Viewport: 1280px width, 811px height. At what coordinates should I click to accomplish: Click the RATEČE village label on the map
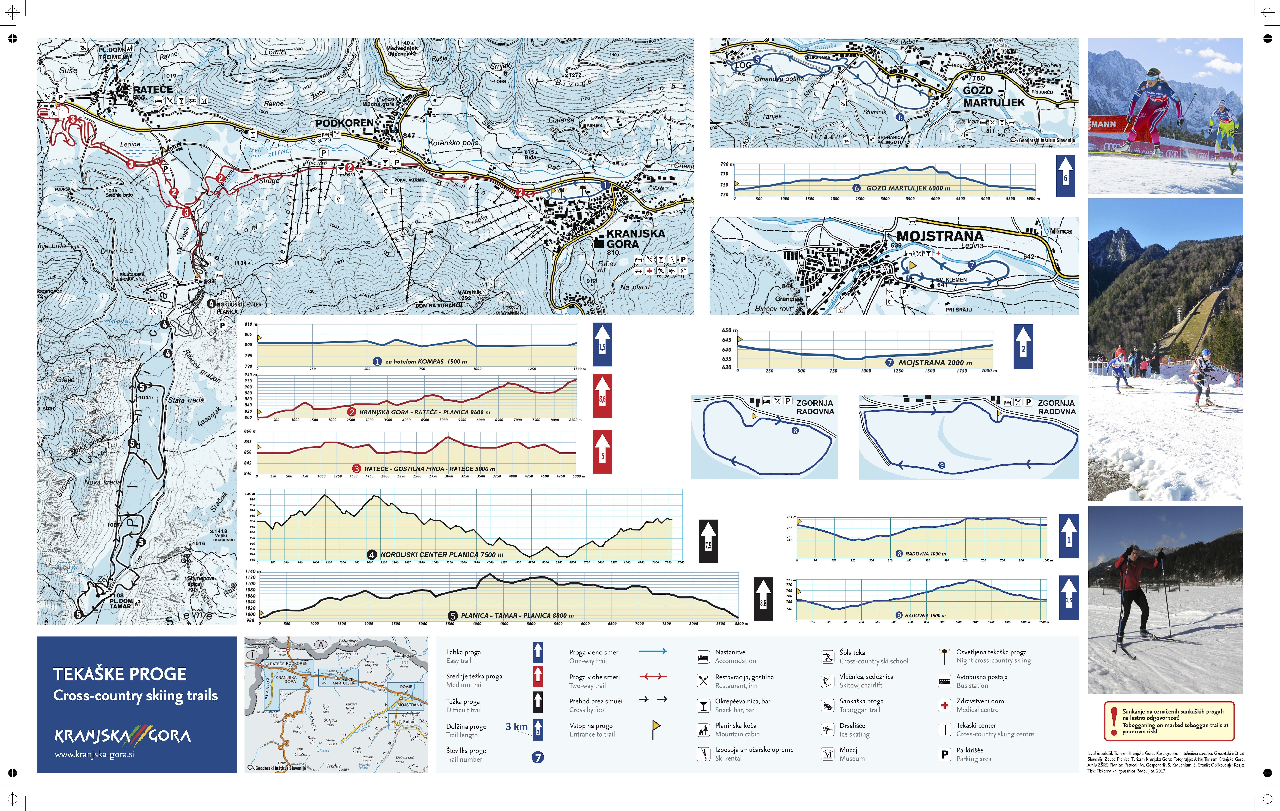pos(152,90)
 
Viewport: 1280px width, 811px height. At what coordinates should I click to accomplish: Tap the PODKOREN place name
pos(344,123)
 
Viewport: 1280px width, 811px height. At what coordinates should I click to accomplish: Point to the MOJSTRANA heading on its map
pos(940,236)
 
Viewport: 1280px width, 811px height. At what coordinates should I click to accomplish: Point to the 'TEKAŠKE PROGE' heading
pos(120,674)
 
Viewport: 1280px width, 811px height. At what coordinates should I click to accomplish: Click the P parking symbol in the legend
pos(944,754)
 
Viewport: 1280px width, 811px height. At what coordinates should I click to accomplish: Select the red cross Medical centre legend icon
pos(944,705)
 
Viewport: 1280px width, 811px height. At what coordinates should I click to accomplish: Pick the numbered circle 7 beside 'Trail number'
pos(538,757)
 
